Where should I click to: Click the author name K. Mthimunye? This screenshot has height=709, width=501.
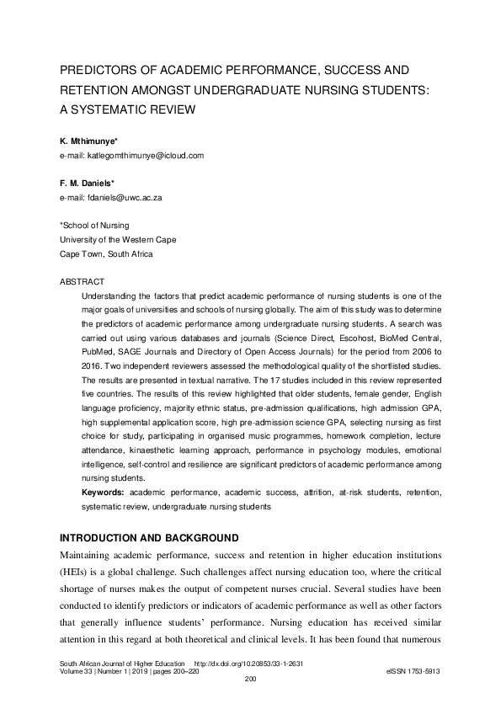(88, 141)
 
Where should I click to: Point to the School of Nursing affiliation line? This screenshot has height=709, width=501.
(93, 227)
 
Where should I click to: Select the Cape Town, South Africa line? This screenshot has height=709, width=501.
(106, 253)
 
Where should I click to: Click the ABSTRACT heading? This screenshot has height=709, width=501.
(83, 280)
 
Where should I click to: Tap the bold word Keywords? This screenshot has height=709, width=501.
(103, 491)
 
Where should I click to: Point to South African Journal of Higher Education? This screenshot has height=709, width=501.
(121, 663)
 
